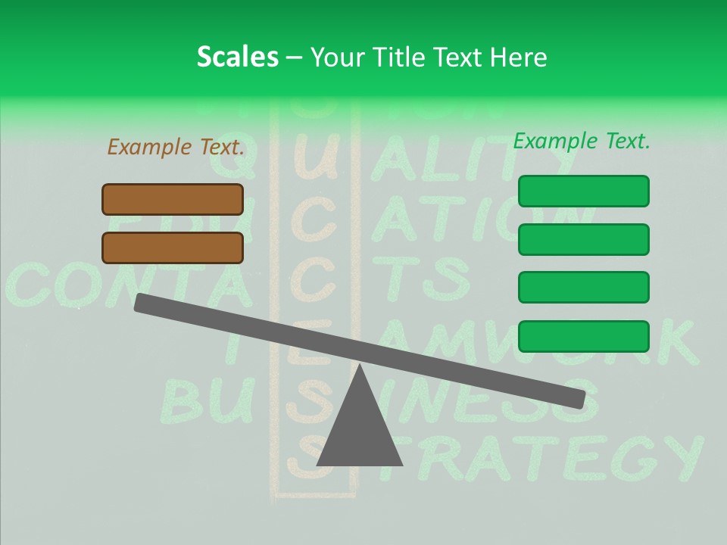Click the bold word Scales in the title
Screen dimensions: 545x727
[237, 57]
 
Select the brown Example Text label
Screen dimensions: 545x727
[176, 147]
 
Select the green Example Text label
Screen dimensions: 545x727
[581, 141]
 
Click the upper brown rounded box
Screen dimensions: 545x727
[173, 199]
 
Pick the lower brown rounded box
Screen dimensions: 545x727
[173, 248]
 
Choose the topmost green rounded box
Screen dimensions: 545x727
[583, 191]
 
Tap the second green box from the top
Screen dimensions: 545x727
[583, 239]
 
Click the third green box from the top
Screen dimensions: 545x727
[583, 287]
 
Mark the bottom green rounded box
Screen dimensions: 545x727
[583, 336]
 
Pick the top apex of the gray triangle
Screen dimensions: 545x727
[360, 367]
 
